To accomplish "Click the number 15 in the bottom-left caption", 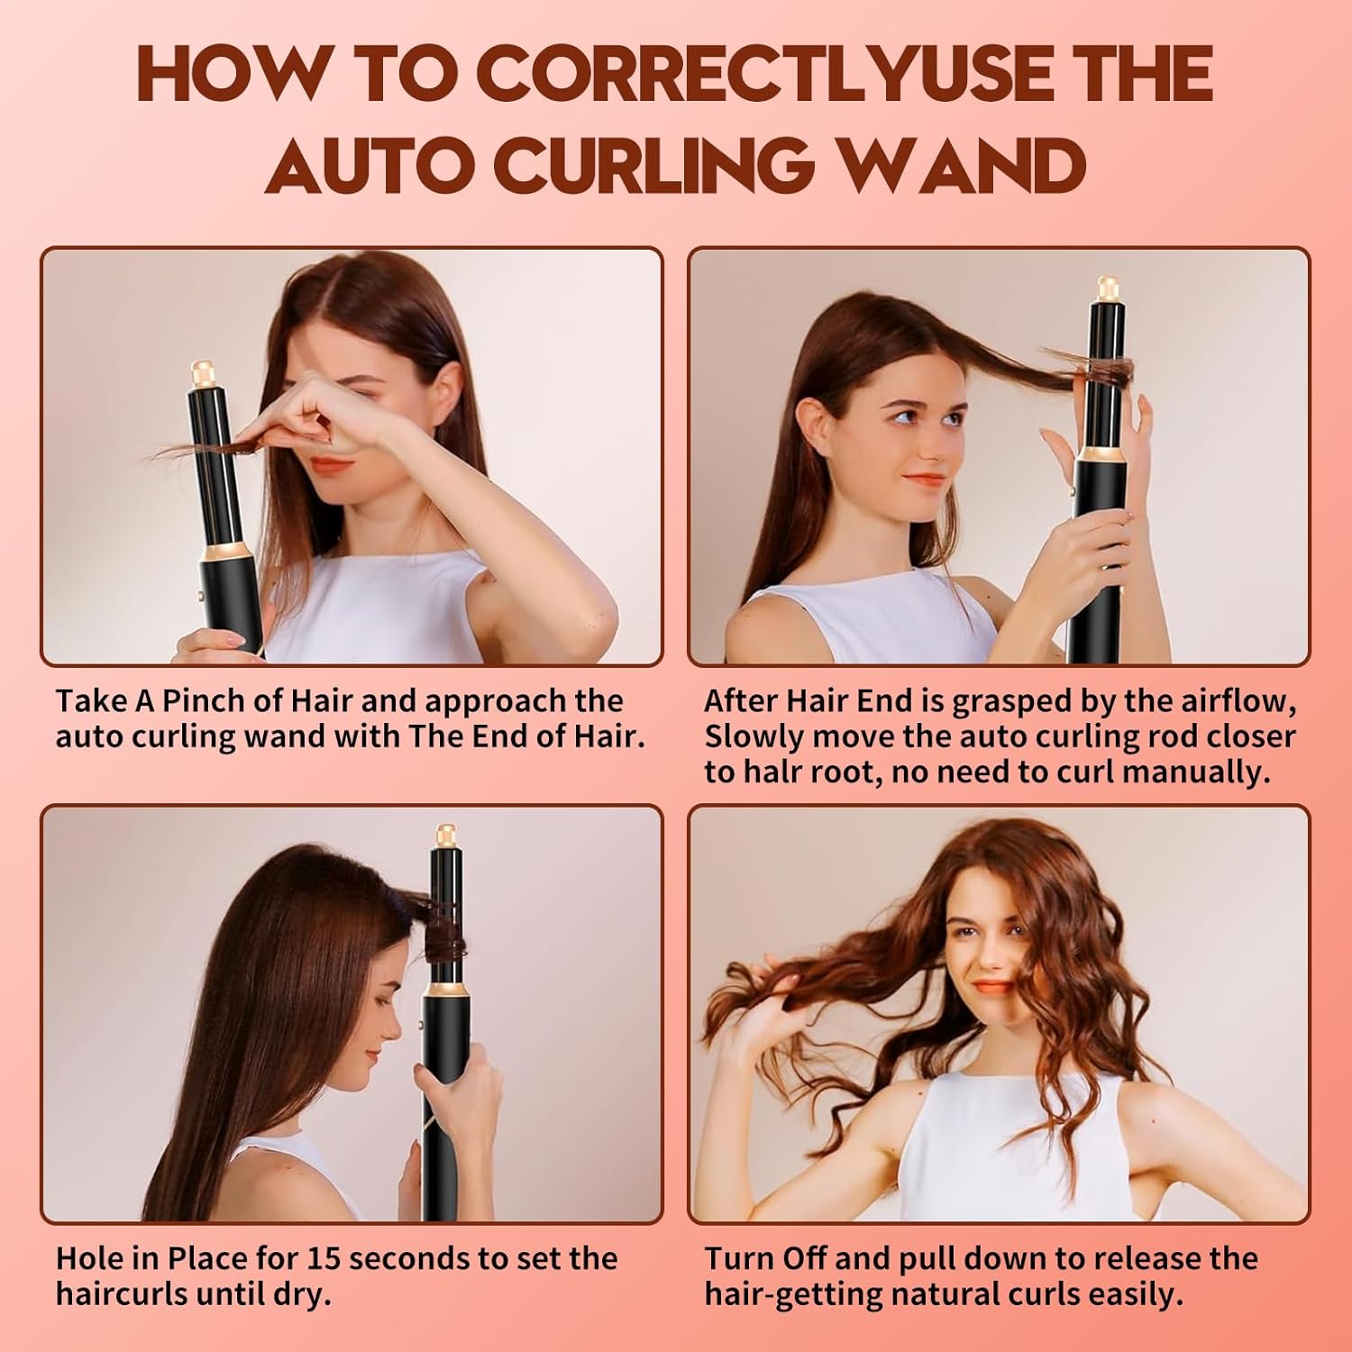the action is click(x=328, y=1258).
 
